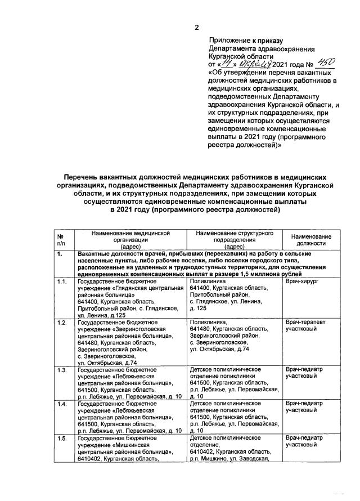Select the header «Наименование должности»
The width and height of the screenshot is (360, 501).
[311, 240]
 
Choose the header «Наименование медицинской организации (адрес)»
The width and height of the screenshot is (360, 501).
[130, 240]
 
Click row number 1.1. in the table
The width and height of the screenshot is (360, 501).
[62, 280]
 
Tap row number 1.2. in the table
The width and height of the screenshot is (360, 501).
[62, 321]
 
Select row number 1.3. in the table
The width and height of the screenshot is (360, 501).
[62, 370]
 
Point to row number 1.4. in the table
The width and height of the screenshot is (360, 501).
[62, 404]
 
